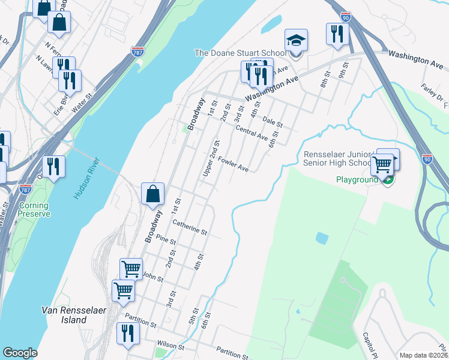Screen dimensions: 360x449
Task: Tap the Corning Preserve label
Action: pos(33,209)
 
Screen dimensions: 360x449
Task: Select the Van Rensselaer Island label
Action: pos(72,315)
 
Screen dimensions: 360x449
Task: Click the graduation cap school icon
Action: pos(296,40)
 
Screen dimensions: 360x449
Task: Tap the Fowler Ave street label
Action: pos(234,165)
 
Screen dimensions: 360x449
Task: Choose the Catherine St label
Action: pos(190,227)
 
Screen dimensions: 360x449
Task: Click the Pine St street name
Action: pos(166,241)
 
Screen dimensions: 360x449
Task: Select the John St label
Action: pos(153,275)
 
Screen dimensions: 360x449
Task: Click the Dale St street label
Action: pos(273,122)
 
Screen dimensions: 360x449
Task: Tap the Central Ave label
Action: pos(252,133)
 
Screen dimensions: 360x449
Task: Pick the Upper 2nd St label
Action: pos(212,158)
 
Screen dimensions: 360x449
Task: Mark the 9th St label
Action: pos(343,71)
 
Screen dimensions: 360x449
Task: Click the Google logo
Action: pos(20,353)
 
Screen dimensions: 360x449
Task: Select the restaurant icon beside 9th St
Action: pos(337,34)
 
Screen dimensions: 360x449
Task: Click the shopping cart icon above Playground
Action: pos(382,164)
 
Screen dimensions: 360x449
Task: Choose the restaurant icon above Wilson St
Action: pos(128,334)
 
